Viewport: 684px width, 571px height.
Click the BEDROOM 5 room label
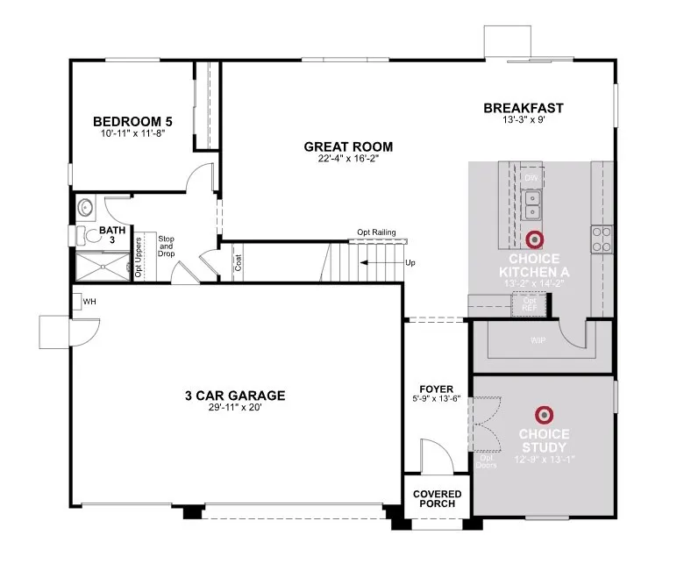click(132, 121)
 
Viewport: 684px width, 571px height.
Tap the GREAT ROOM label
click(348, 146)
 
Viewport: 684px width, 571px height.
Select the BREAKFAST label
click(524, 108)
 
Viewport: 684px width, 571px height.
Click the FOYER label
click(436, 387)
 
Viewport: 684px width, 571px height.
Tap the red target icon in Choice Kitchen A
click(534, 239)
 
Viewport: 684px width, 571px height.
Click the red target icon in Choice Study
click(544, 414)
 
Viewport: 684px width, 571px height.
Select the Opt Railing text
click(376, 232)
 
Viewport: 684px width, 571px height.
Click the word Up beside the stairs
click(410, 262)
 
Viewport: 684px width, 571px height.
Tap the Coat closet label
click(238, 262)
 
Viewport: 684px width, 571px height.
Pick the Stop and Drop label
click(167, 246)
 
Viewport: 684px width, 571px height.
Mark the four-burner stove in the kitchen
click(602, 238)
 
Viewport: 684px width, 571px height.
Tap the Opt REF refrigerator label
click(530, 304)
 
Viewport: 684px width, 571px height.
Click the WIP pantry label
click(538, 339)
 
